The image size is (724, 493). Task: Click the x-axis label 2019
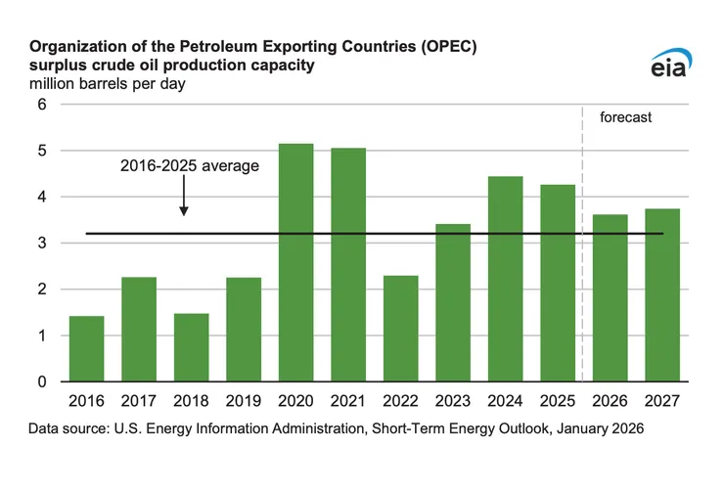(x=244, y=400)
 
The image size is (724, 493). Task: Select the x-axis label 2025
(x=558, y=400)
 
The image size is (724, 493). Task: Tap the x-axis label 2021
(x=348, y=400)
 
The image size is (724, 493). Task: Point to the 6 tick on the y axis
(x=42, y=105)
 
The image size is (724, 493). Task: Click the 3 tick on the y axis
(x=42, y=243)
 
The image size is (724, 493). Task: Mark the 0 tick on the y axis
(x=42, y=381)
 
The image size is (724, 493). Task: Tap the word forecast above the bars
(x=625, y=117)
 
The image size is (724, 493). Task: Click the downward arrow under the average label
(x=184, y=201)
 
